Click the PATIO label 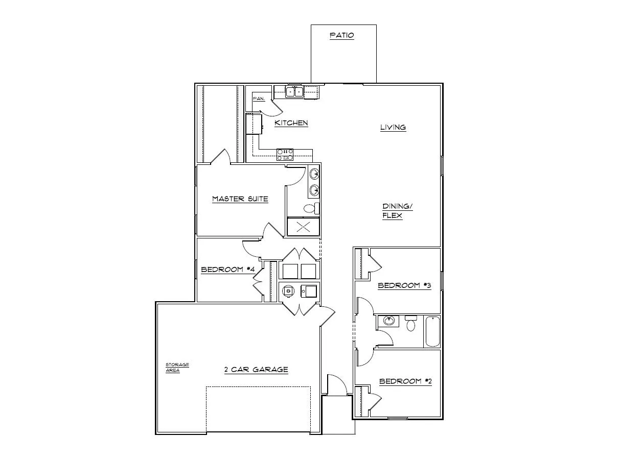[342, 36]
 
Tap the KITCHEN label [291, 123]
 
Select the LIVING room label [393, 128]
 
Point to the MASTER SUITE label [240, 199]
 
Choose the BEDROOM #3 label [404, 286]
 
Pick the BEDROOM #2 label [405, 381]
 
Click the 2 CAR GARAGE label [256, 370]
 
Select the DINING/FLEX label [397, 211]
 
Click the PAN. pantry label [259, 99]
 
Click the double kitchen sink [294, 92]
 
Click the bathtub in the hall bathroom [432, 332]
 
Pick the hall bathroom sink [389, 322]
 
